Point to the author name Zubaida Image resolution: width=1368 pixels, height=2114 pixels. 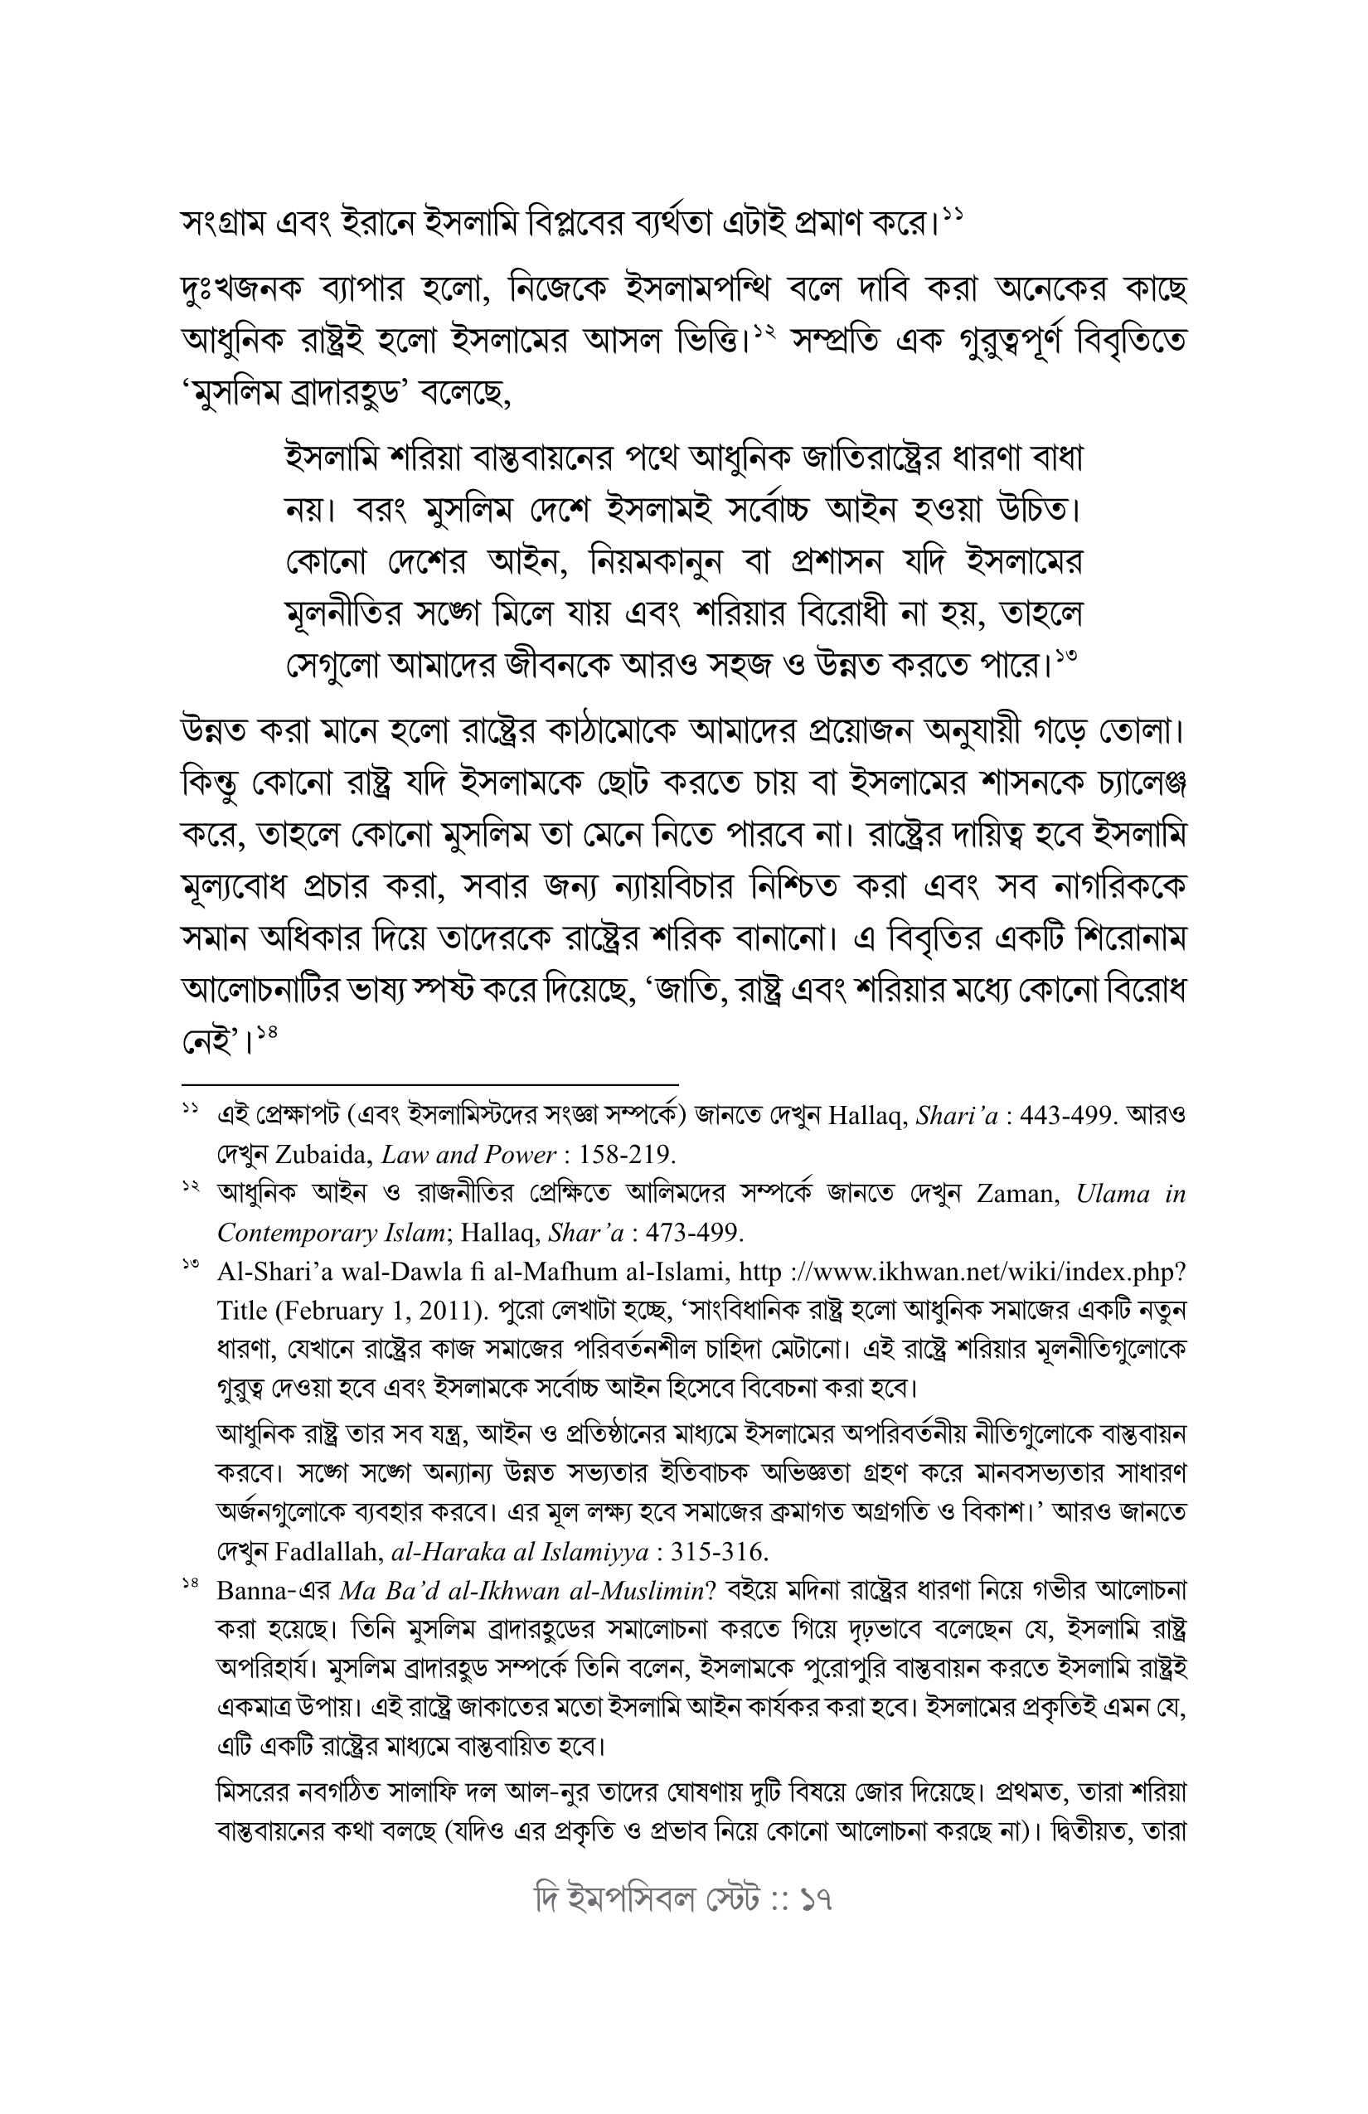[324, 1154]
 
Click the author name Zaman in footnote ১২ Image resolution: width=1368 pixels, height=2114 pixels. [1017, 1194]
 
